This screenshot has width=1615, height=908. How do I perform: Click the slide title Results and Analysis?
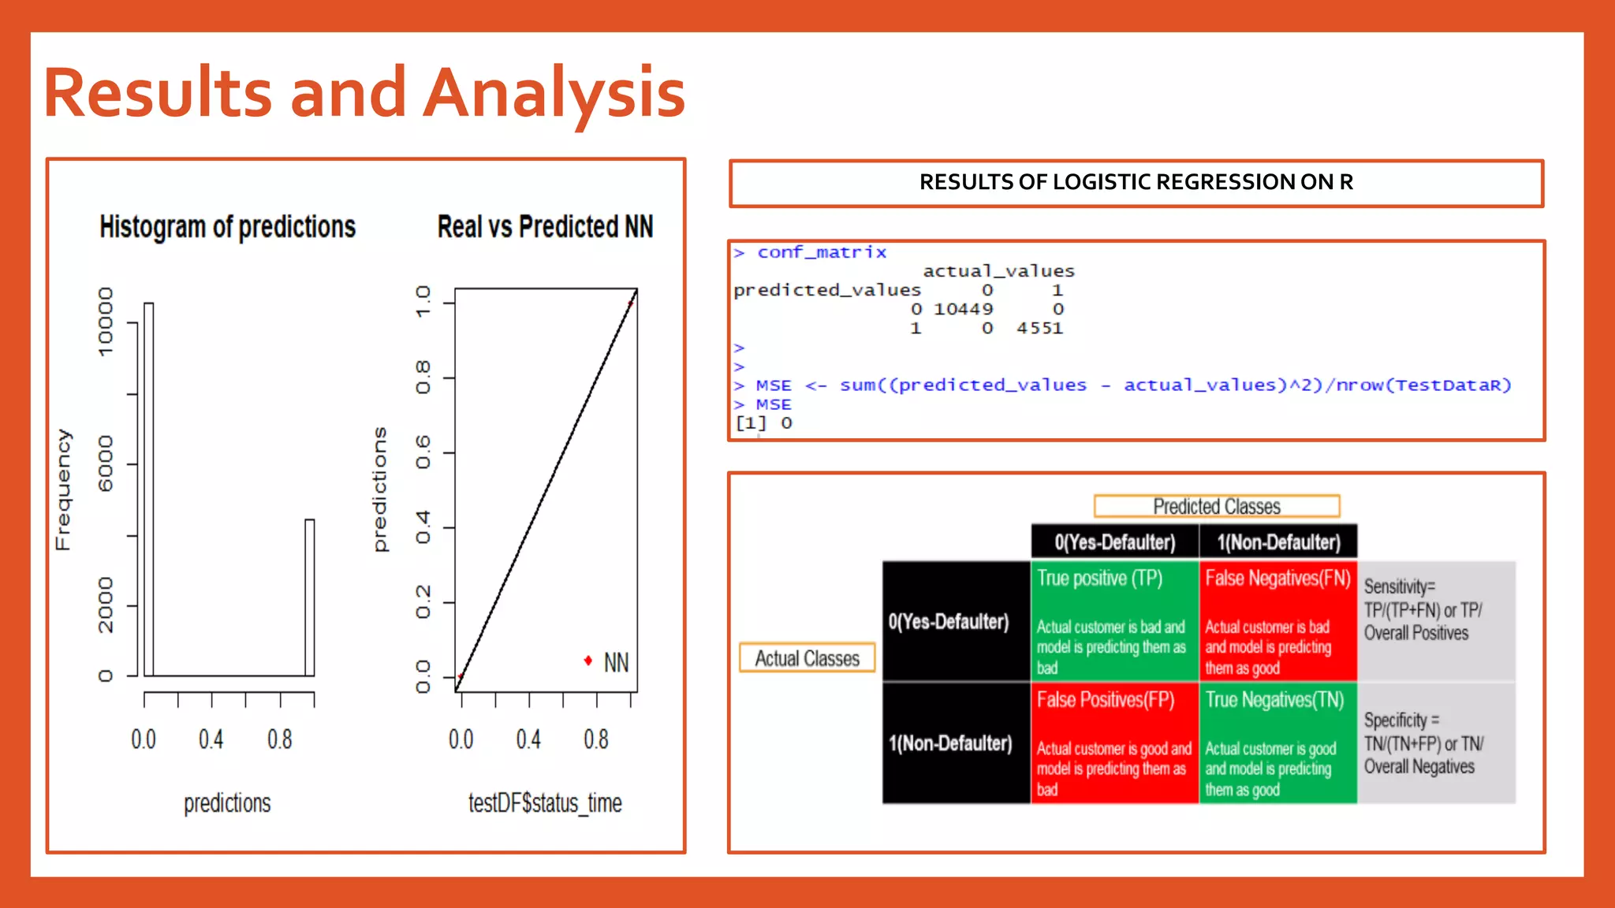click(364, 93)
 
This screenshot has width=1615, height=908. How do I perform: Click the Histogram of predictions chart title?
click(227, 227)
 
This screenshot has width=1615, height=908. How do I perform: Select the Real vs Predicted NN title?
click(545, 227)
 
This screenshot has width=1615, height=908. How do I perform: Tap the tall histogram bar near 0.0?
click(149, 489)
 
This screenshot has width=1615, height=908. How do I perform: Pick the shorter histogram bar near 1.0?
click(310, 597)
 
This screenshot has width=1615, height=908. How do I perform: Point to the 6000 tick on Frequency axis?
click(106, 463)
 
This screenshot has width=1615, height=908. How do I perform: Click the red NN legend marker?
click(588, 661)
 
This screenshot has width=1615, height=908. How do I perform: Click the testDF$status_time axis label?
click(545, 802)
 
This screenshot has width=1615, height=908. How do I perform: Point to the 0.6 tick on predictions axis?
click(423, 452)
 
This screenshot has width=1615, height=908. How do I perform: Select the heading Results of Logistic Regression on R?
click(1136, 183)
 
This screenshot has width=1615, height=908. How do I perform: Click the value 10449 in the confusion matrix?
click(963, 309)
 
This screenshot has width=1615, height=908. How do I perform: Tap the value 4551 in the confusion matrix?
click(1039, 328)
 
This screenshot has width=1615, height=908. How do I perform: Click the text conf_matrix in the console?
click(822, 252)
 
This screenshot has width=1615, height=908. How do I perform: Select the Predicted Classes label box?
click(1216, 506)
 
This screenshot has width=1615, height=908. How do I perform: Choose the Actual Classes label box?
click(807, 658)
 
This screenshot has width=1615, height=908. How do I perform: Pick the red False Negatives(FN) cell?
click(1277, 621)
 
